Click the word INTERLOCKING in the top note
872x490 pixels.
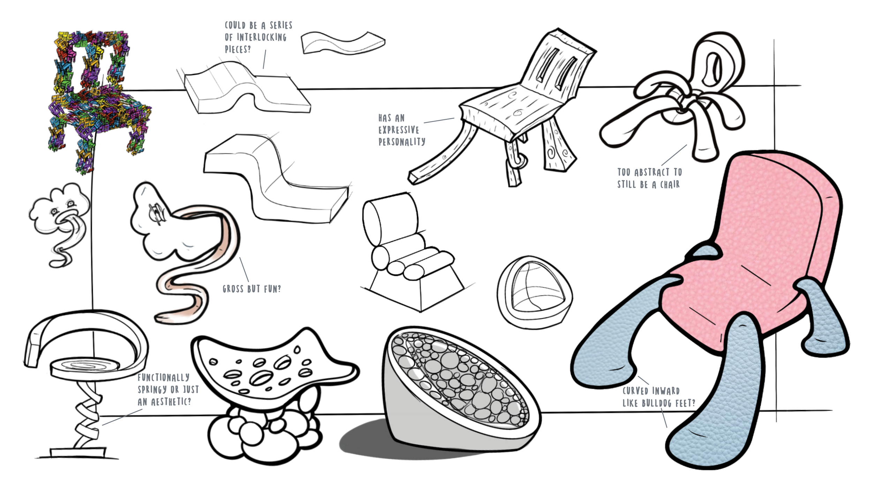coord(262,37)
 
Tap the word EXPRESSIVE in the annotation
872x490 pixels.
coord(399,130)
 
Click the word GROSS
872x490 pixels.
coord(233,289)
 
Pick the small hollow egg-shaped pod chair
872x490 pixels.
coord(534,293)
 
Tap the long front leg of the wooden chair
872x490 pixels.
coord(443,157)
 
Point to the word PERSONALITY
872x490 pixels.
coord(402,142)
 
